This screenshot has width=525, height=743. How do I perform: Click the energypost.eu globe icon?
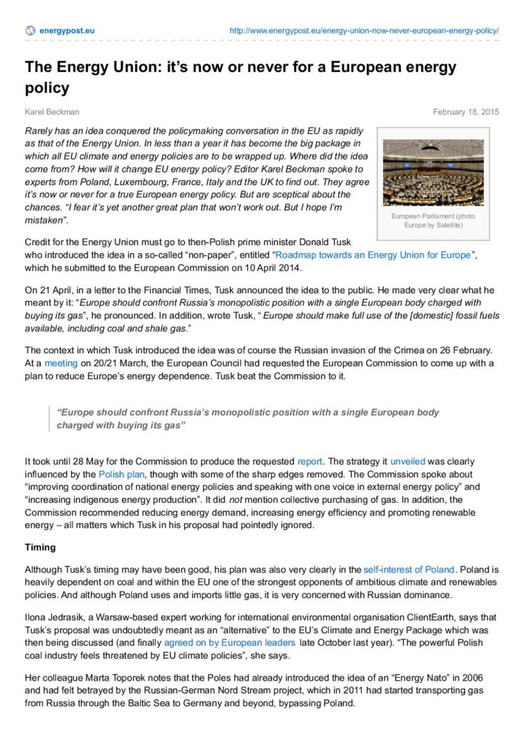pos(30,30)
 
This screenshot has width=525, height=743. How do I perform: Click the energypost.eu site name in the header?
pos(67,30)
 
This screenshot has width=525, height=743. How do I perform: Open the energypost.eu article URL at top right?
pos(363,30)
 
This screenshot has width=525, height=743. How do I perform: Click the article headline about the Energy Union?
pos(240,77)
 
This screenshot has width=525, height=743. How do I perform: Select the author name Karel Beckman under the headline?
pos(52,112)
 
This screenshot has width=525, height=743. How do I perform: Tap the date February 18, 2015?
pos(466,112)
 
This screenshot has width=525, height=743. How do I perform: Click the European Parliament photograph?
pos(432,173)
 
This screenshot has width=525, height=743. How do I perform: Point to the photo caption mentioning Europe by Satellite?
pos(432,221)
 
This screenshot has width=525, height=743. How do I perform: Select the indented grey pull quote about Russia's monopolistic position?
pos(247,419)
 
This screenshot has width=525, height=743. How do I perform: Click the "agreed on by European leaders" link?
pos(229,643)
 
